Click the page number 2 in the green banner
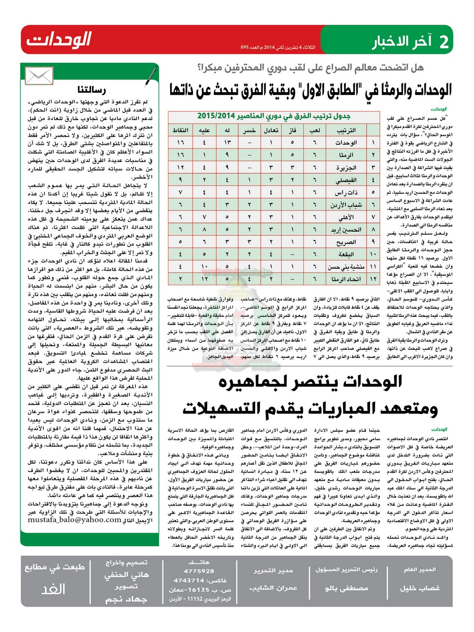point(444,42)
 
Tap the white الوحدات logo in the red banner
point(59,40)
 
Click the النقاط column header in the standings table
point(180,130)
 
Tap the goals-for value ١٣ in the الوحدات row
point(227,142)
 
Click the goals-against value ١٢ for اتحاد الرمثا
point(204,279)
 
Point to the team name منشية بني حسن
point(346,267)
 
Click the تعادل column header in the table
point(271,130)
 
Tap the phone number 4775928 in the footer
point(199,571)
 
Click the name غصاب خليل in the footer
point(420,588)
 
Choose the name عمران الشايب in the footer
point(273,588)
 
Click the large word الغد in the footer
point(53,589)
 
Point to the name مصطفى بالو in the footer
point(346,588)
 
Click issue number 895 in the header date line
point(245,47)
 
